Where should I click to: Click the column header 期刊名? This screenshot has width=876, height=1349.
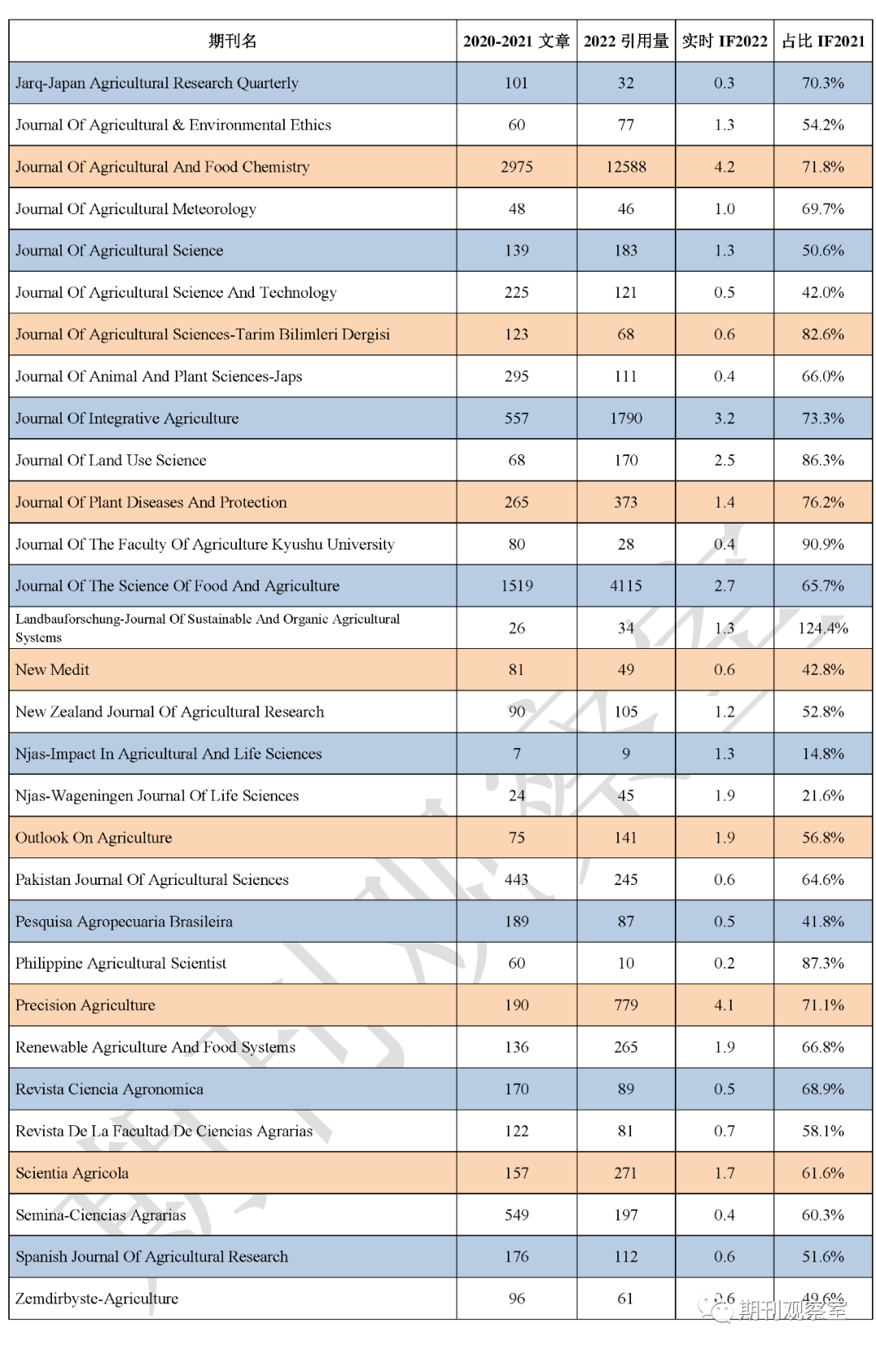point(232,41)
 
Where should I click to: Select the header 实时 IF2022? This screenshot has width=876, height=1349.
point(724,41)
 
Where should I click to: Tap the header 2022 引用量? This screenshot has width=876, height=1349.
point(625,41)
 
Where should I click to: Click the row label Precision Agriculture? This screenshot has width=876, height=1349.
point(85,1005)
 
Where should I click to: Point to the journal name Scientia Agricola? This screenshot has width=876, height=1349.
point(72,1173)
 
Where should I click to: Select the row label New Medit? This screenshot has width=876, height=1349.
point(53,669)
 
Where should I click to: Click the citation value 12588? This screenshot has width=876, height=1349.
point(625,167)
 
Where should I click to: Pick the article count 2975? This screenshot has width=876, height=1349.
point(517,167)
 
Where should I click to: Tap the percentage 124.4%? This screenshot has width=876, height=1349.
point(822,628)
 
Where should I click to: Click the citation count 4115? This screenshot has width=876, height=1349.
point(625,586)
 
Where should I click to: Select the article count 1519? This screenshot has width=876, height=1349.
point(517,586)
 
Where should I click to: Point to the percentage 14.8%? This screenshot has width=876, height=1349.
point(822,754)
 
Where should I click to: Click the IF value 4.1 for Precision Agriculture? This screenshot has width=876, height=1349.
point(724,1005)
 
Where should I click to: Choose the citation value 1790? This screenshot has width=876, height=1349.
point(625,419)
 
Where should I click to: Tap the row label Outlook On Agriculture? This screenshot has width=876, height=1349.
point(94,838)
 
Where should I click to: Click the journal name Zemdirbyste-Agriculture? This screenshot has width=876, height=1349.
point(97,1299)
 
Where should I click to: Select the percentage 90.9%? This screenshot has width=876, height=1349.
point(822,544)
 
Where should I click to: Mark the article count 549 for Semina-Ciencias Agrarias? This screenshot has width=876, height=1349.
point(517,1215)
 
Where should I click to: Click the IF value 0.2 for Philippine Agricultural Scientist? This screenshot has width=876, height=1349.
point(724,963)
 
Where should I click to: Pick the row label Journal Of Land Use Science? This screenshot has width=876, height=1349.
point(111,460)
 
